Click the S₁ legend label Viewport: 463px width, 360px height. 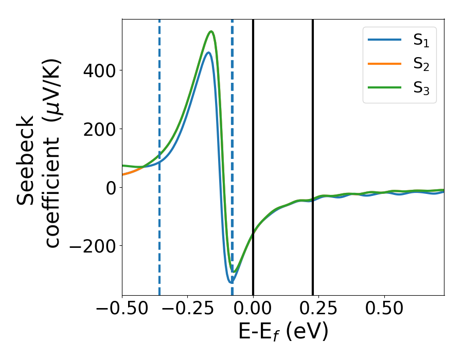pyautogui.click(x=421, y=42)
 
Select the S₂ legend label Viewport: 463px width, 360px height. pyautogui.click(x=421, y=65)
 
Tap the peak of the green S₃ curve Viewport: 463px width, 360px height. pyautogui.click(x=211, y=31)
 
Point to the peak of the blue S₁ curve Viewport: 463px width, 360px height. pyautogui.click(x=208, y=52)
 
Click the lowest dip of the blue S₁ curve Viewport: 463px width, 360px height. pyautogui.click(x=231, y=282)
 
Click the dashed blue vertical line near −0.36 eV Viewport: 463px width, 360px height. pyautogui.click(x=159, y=231)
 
